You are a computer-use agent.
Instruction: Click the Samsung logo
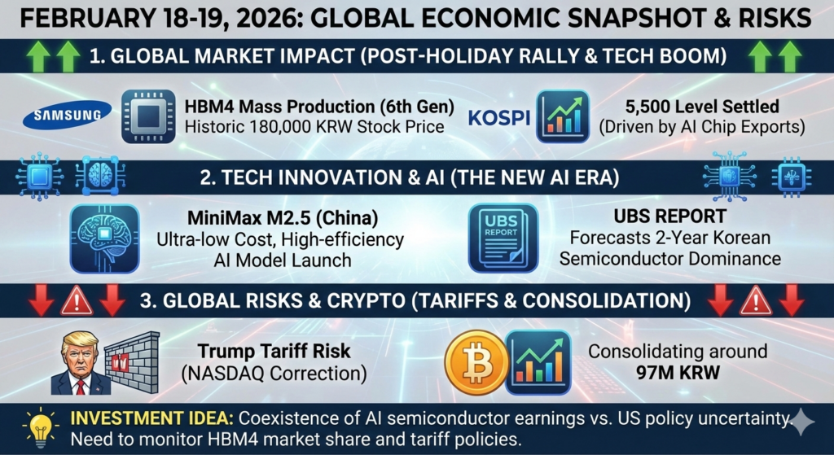[x=68, y=116]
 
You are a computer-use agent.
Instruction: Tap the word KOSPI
[x=499, y=116]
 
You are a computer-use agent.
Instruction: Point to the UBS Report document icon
[x=503, y=237]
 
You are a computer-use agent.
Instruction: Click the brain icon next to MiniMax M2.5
[x=104, y=238]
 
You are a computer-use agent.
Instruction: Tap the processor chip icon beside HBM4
[x=148, y=116]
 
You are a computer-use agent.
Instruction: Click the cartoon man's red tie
[x=81, y=383]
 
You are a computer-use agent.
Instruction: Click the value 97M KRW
[x=678, y=373]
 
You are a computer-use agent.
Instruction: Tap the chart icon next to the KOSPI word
[x=563, y=116]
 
